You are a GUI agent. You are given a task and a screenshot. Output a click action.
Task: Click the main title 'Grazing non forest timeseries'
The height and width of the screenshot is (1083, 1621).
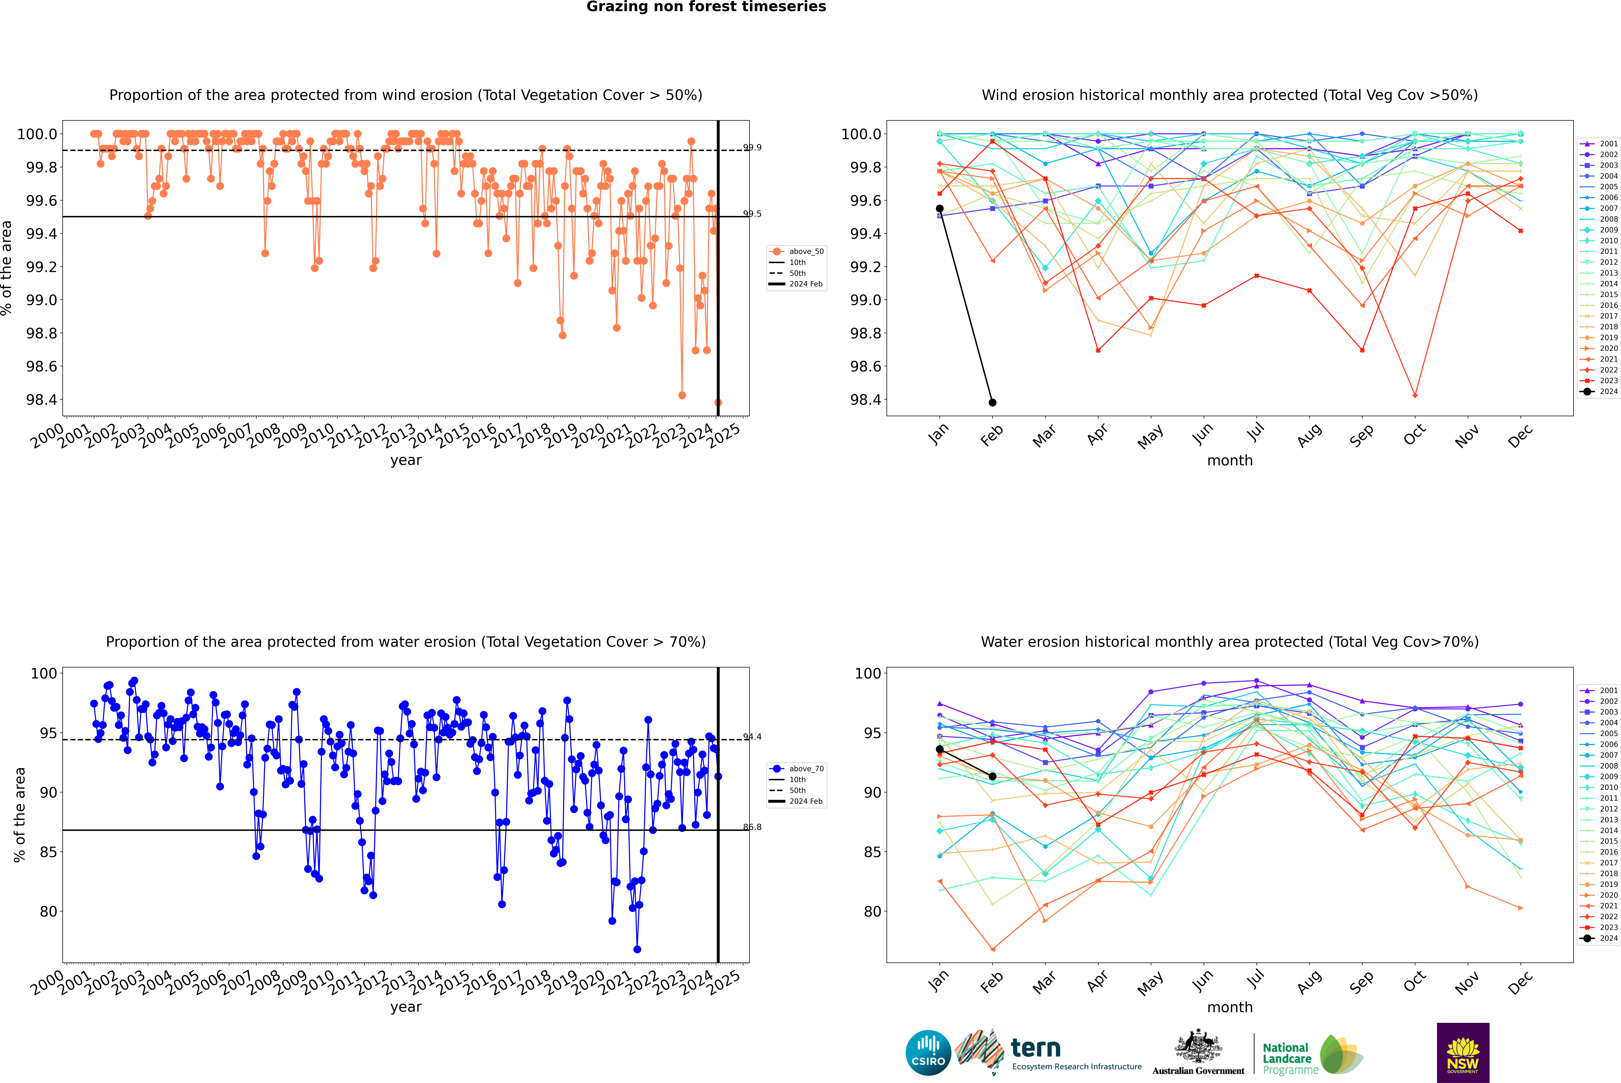coord(706,7)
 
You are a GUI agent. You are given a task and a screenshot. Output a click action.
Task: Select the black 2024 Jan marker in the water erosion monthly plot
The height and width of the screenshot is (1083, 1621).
coord(940,749)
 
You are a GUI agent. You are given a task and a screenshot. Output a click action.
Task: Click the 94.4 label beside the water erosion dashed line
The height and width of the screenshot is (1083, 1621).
coord(752,737)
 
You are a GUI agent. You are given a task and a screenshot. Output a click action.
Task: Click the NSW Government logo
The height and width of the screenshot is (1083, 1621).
coord(1463,1053)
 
